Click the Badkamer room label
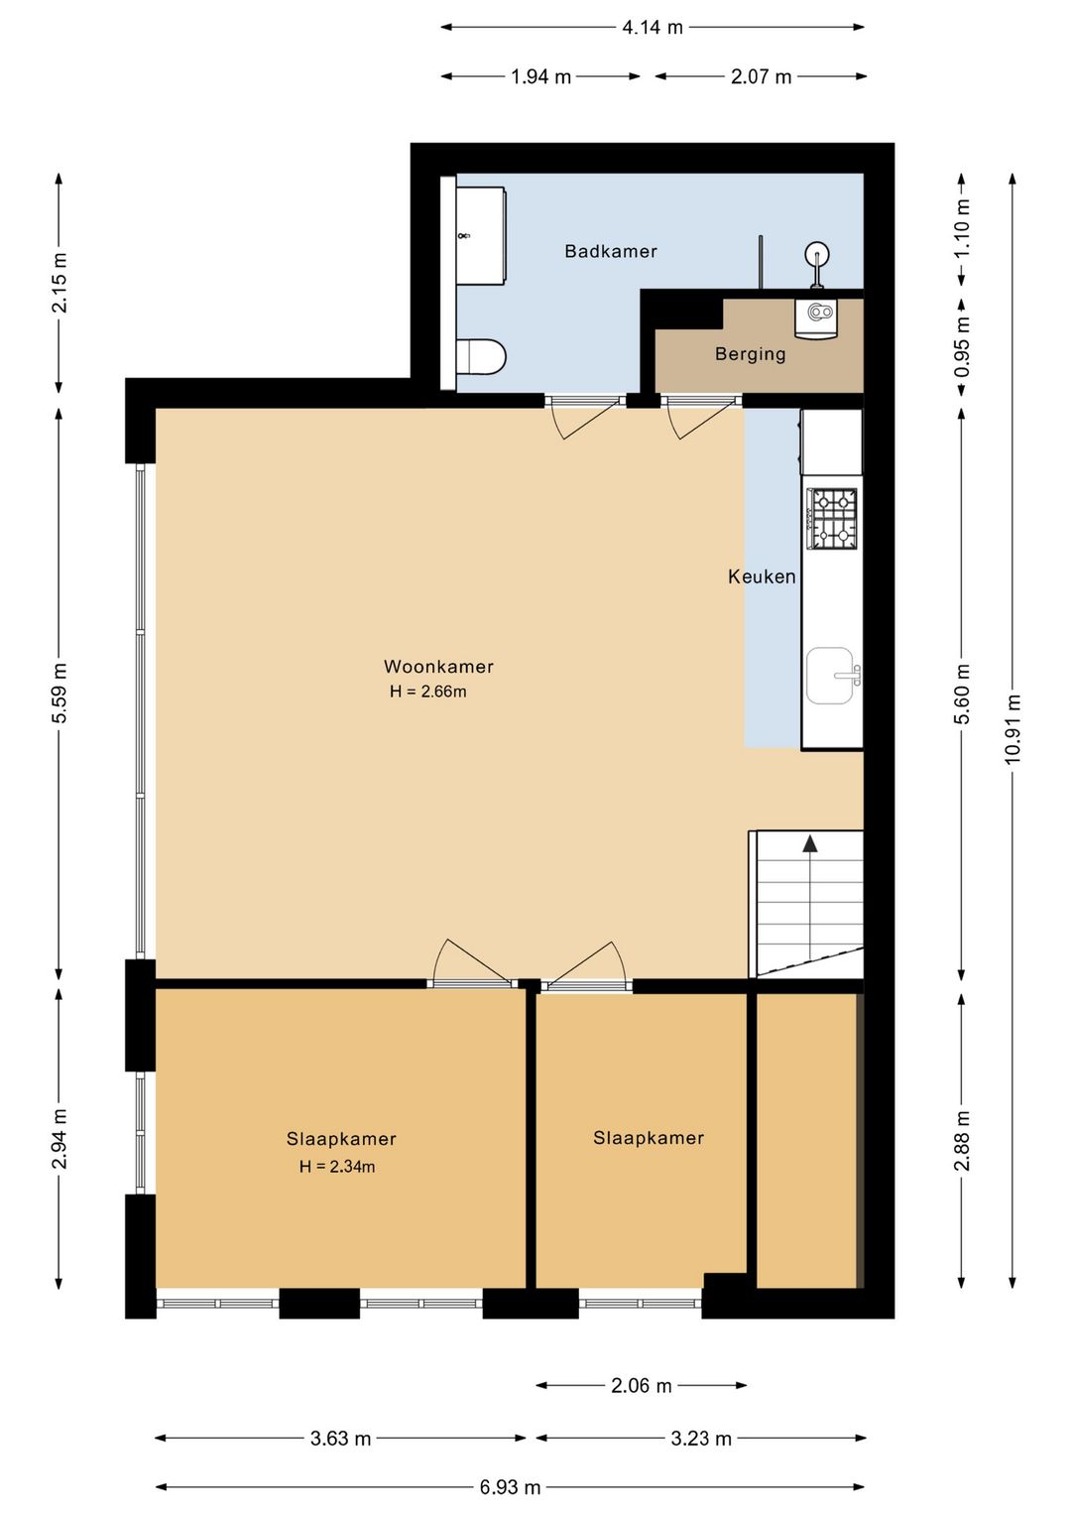coord(611,251)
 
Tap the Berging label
coord(751,354)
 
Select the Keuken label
coord(762,576)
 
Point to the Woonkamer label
coord(438,667)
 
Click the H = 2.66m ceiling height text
coord(427,692)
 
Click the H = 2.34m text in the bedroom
coord(337,1166)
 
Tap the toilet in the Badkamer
coord(480,356)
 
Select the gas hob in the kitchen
coord(832,519)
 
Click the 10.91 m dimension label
coord(1012,729)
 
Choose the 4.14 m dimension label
coord(653,28)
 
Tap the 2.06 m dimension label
coord(642,1386)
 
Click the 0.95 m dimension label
coord(962,346)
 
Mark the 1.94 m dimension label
coord(540,77)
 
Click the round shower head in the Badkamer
coord(817,256)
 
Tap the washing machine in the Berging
coord(816,317)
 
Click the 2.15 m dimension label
coord(59,282)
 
